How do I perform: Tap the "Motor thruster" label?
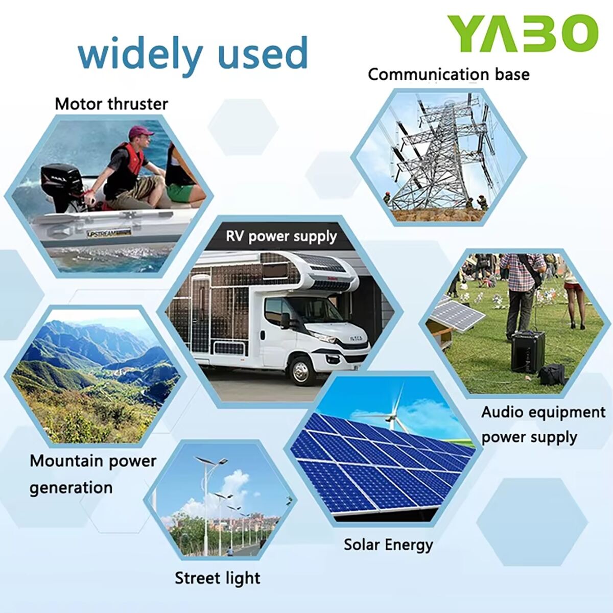[x=111, y=104]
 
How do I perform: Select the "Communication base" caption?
[x=449, y=75]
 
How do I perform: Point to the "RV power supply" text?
[x=281, y=237]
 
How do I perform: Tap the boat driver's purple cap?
[x=140, y=131]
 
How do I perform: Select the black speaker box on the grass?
[x=528, y=351]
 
